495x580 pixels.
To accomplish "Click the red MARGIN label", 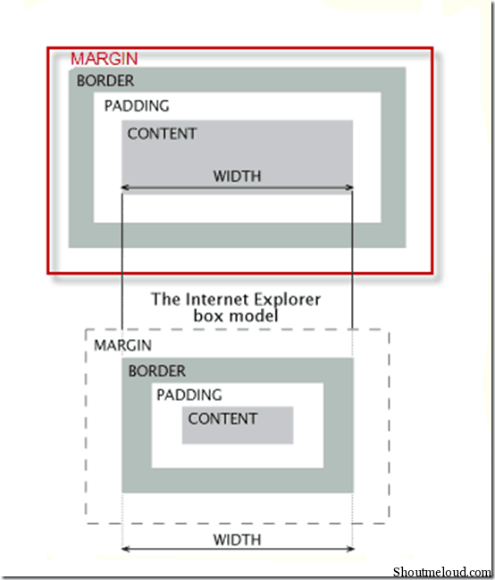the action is tap(105, 59).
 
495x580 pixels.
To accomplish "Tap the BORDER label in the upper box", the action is tap(105, 80).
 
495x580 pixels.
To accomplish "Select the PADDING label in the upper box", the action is tap(137, 106).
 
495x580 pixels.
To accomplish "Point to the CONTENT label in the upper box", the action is tap(162, 134).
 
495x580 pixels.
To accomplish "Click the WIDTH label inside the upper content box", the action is tap(237, 176).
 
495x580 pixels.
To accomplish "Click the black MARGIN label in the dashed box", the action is tap(122, 345).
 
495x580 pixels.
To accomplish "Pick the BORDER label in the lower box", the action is tap(156, 371).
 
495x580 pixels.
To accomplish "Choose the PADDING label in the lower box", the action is tap(189, 395).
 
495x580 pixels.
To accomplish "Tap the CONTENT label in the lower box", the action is tap(222, 418).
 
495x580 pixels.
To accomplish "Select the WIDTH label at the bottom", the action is tap(237, 540).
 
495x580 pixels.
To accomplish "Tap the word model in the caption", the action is tap(256, 316).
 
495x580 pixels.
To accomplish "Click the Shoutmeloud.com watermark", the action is tap(441, 572).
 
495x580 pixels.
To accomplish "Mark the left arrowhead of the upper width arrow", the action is tap(125, 187).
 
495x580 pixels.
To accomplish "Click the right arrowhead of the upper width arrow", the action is tap(349, 187).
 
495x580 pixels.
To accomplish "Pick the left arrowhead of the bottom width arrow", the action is tap(125, 549).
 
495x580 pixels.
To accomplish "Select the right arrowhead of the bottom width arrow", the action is tap(349, 549).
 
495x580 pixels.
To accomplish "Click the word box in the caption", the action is tap(208, 316).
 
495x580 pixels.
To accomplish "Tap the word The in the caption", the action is tap(165, 299).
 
